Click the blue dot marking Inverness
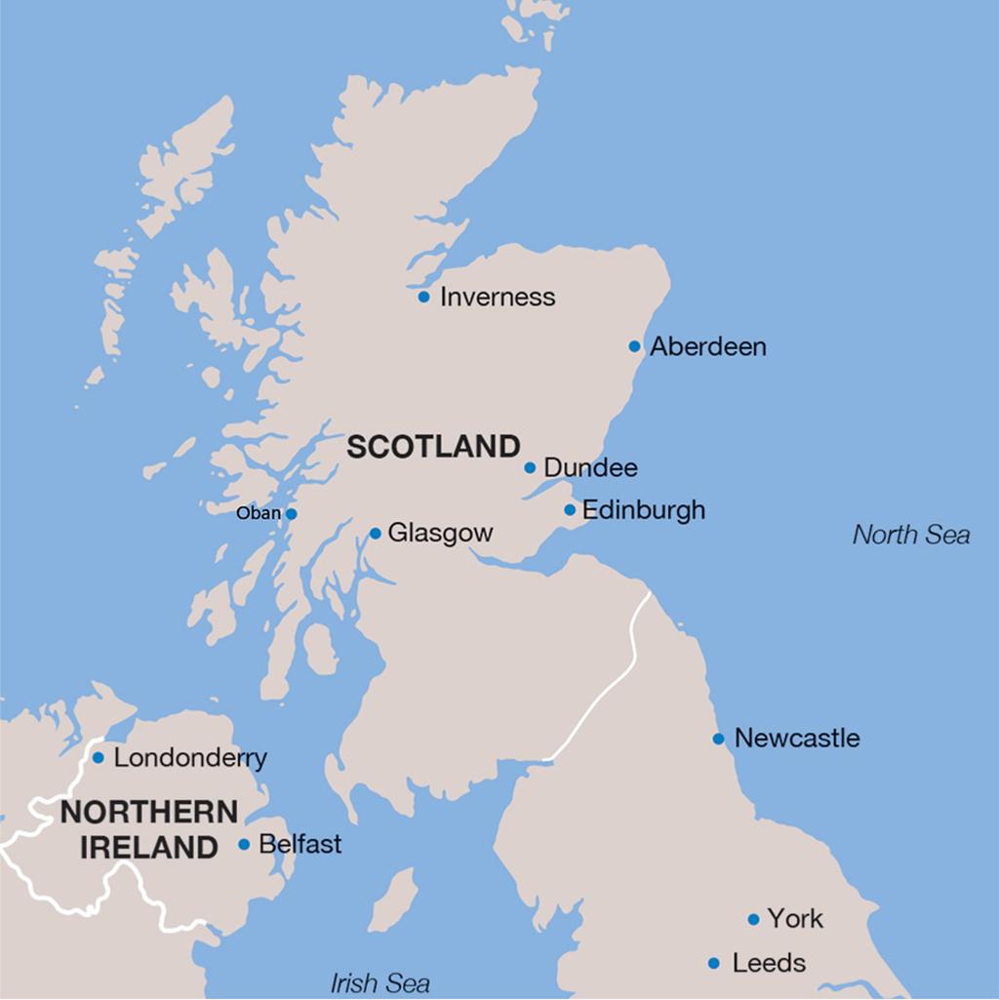[423, 297]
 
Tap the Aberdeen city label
[708, 346]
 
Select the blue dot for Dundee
[530, 467]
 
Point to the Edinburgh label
[643, 510]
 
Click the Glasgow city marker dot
[376, 534]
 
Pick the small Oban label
[259, 513]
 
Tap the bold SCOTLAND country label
[433, 447]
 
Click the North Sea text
[911, 535]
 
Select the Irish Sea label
[380, 982]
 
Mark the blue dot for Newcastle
[718, 739]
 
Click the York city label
[795, 919]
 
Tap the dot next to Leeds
[714, 964]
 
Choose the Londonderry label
[190, 758]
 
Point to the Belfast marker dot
[244, 845]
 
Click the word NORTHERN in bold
[148, 812]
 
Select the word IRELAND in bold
[148, 847]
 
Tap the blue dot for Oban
[291, 514]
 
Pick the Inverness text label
[498, 297]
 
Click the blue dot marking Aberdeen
[634, 346]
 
